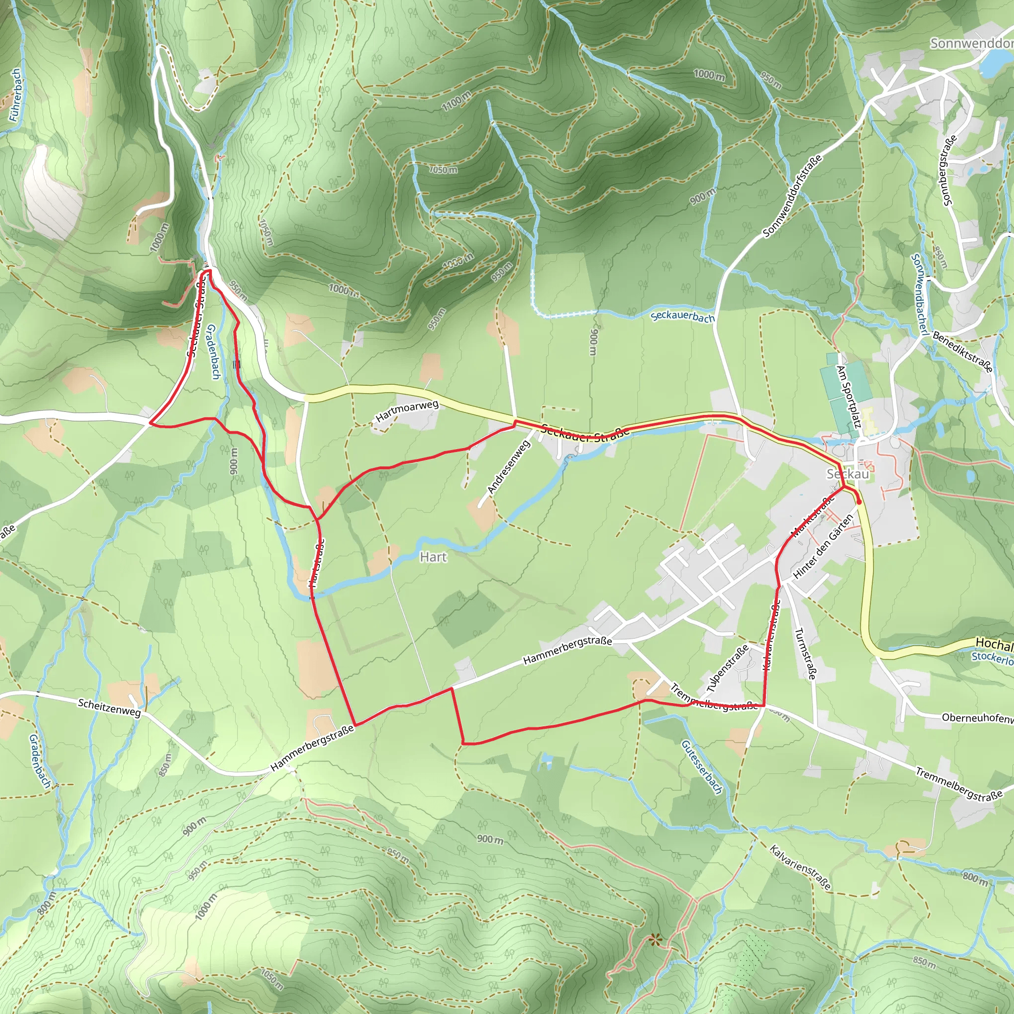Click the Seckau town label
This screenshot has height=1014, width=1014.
tap(848, 474)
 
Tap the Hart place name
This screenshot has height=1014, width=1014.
tap(433, 557)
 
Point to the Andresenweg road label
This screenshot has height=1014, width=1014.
tap(508, 466)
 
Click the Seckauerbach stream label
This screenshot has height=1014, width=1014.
tap(682, 317)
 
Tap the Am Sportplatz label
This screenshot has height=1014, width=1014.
tap(847, 396)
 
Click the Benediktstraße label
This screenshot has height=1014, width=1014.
tap(963, 352)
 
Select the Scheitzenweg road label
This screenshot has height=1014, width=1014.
tap(109, 708)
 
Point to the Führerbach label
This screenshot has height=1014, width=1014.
tap(15, 95)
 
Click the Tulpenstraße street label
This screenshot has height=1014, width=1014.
tap(727, 668)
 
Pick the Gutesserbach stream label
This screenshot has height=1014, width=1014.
tap(702, 767)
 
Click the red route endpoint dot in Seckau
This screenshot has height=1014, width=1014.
tap(859, 502)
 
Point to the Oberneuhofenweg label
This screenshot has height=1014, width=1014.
tap(977, 718)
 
